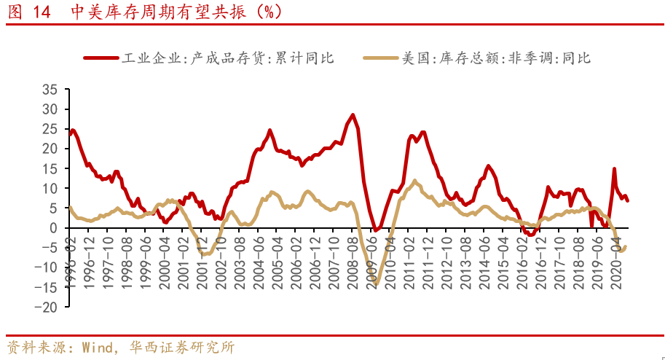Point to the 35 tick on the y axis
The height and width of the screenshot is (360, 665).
(50, 90)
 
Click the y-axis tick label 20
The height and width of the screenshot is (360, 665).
(50, 149)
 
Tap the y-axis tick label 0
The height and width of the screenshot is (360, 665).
(54, 228)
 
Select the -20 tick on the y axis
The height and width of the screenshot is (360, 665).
(47, 307)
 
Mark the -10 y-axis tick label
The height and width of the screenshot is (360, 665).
(47, 267)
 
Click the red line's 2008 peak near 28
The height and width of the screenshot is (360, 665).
(353, 115)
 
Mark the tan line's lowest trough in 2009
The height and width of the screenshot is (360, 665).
(376, 283)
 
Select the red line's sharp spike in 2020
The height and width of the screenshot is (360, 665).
(614, 169)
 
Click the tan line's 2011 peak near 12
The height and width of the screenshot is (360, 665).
(414, 181)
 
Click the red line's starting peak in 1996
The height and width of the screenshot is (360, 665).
(73, 130)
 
